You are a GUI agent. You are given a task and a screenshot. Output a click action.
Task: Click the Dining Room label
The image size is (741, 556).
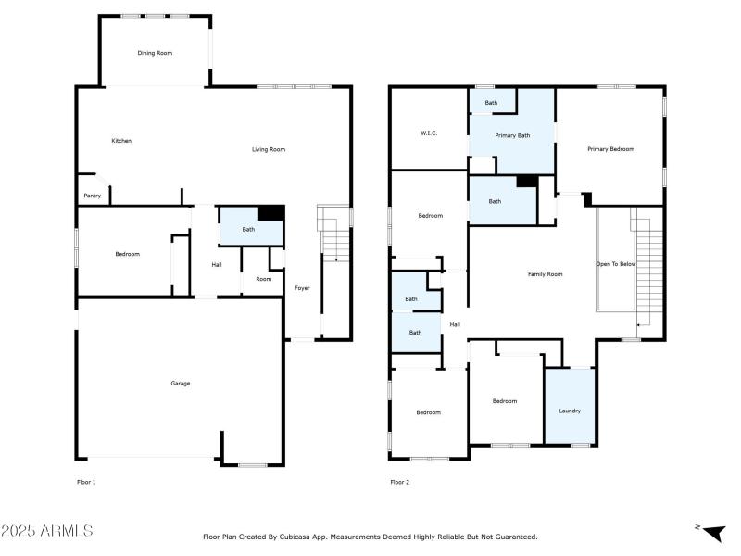(x=155, y=53)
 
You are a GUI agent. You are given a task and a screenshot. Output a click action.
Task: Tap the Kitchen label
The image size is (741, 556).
(x=121, y=141)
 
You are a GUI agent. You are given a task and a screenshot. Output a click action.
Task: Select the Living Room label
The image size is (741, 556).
(x=269, y=149)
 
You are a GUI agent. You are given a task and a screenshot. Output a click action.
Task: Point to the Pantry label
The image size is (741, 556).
(x=93, y=196)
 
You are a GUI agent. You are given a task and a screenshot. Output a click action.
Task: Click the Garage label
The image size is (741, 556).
(x=180, y=383)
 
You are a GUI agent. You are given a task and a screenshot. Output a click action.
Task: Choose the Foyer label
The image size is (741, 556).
(x=302, y=288)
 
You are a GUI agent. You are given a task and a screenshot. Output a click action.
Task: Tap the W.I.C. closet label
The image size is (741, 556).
(x=429, y=133)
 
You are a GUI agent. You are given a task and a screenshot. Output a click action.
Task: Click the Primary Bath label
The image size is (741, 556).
(x=512, y=136)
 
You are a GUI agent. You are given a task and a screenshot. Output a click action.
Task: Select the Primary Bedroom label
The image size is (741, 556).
(x=610, y=148)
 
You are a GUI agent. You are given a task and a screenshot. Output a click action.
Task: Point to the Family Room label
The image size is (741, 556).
(x=545, y=274)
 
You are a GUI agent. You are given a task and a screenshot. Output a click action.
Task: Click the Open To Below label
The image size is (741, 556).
(x=615, y=264)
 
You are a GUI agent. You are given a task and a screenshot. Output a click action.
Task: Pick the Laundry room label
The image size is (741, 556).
(x=570, y=411)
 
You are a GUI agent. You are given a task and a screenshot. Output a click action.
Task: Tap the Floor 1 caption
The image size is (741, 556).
(x=86, y=482)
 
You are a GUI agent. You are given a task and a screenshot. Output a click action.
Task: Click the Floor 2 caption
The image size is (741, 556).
(x=399, y=482)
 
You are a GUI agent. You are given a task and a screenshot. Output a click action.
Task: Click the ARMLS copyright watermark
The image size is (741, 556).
(x=46, y=531)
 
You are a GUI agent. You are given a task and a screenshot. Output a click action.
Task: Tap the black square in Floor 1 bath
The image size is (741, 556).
(x=270, y=213)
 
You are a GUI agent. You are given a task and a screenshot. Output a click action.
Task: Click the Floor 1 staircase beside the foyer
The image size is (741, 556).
(x=334, y=243)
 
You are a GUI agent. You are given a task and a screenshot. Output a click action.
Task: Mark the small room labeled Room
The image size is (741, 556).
(x=264, y=279)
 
